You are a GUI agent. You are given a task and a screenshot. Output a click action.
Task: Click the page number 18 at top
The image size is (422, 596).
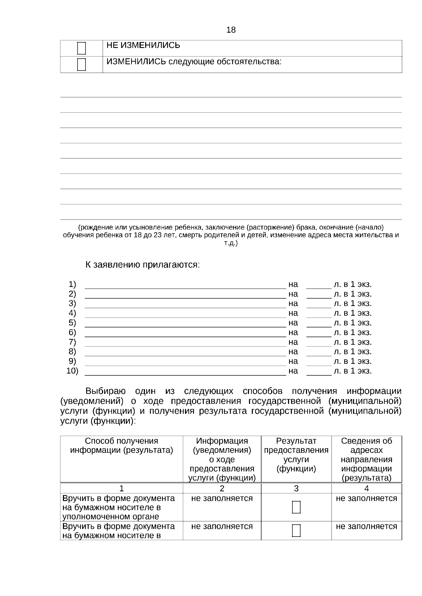(x=231, y=30)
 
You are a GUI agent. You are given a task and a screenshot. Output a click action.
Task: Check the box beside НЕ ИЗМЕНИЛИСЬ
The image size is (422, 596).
(x=81, y=48)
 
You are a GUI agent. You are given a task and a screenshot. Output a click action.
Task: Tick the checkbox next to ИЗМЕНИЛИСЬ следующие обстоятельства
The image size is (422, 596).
(x=81, y=65)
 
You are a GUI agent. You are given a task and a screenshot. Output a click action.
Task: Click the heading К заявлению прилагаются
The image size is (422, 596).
(x=142, y=265)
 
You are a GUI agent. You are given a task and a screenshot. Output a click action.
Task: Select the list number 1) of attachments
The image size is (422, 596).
(x=72, y=284)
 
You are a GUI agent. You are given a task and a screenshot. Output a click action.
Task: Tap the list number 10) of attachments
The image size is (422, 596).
(x=72, y=371)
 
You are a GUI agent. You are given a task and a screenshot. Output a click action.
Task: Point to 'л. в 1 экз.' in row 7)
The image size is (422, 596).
(x=353, y=342)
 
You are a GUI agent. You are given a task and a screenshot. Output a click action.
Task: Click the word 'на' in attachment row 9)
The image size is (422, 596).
(x=293, y=361)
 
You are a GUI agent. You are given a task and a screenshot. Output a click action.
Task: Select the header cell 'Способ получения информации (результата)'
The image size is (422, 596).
(x=122, y=446)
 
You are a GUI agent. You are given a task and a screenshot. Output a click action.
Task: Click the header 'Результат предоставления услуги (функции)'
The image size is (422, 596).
(x=296, y=455)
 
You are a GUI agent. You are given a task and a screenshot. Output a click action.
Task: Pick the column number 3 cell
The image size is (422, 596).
(x=296, y=489)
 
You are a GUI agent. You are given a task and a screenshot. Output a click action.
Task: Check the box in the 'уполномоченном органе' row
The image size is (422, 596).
(x=296, y=507)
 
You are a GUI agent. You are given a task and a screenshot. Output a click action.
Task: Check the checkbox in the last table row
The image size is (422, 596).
(x=296, y=531)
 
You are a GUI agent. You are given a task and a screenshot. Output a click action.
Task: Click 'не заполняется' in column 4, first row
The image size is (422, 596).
(x=366, y=498)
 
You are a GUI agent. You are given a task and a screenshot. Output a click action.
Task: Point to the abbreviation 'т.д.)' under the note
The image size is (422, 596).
(x=231, y=243)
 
